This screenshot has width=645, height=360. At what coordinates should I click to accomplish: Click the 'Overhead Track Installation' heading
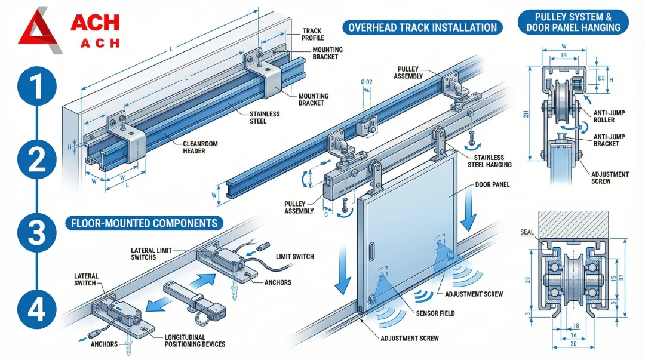pyautogui.click(x=422, y=27)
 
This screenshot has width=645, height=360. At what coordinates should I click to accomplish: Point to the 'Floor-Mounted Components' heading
pyautogui.click(x=144, y=224)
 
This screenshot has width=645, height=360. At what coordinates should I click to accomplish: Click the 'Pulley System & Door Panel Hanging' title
pyautogui.click(x=573, y=21)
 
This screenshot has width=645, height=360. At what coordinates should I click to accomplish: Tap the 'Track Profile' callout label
pyautogui.click(x=312, y=34)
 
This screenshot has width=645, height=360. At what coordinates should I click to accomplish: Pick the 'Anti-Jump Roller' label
pyautogui.click(x=608, y=116)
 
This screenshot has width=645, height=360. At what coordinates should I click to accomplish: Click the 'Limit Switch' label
pyautogui.click(x=294, y=257)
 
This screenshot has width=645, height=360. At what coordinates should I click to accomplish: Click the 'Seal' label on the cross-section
pyautogui.click(x=527, y=232)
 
